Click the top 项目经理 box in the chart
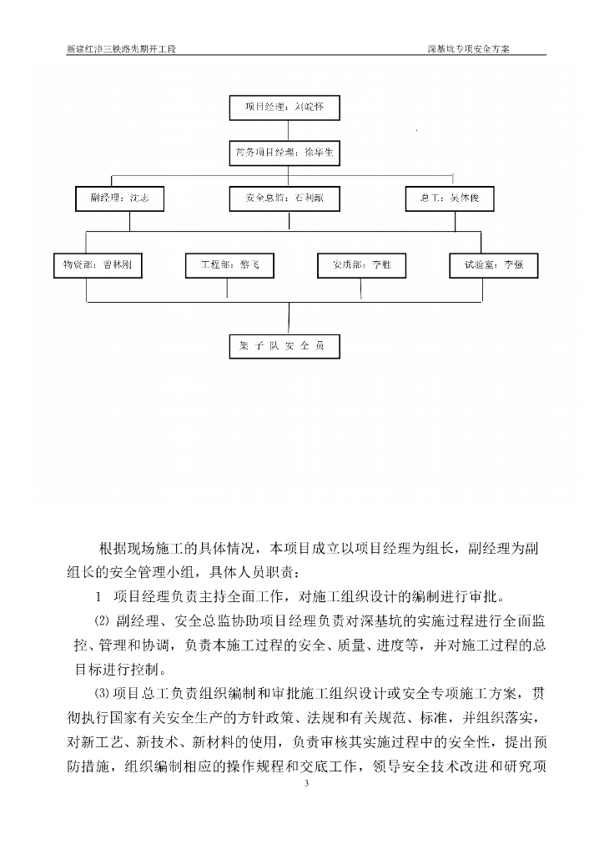click(x=284, y=108)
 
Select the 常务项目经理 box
click(x=284, y=153)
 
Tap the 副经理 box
click(x=119, y=199)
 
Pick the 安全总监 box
click(x=284, y=199)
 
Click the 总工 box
click(x=450, y=199)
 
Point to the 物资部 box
click(x=98, y=265)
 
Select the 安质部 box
click(x=361, y=265)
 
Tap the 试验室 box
click(x=494, y=265)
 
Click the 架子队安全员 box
click(x=284, y=346)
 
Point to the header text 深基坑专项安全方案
click(x=468, y=48)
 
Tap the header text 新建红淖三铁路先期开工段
click(x=122, y=48)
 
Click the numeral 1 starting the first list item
click(x=98, y=597)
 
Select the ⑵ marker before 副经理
click(x=102, y=621)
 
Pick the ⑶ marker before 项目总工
click(x=102, y=695)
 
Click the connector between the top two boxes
click(x=285, y=131)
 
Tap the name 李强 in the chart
click(x=513, y=265)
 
